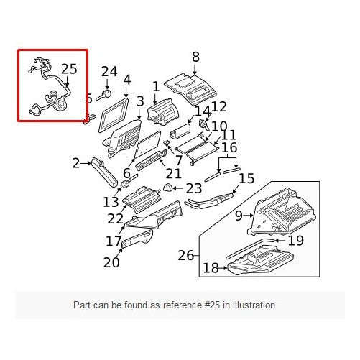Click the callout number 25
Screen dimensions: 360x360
68,70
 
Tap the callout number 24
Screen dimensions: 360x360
109,71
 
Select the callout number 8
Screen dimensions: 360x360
195,57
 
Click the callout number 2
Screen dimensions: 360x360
76,164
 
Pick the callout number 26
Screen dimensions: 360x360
185,255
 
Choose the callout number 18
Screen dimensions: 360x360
211,268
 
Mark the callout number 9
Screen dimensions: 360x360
239,214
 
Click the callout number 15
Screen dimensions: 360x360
246,177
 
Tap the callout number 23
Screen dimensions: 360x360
194,189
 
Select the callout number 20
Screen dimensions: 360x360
111,262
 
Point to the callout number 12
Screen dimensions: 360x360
218,106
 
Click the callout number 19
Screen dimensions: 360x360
295,241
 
